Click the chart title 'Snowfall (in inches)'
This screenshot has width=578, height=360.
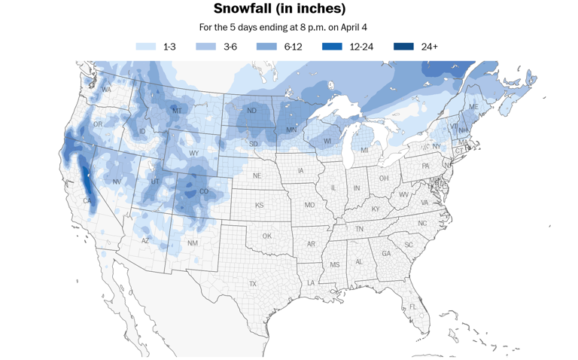click(279, 9)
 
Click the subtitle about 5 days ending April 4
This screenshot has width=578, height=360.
click(282, 27)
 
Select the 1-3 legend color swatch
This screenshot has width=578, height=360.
click(145, 47)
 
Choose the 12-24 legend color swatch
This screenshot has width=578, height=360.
click(332, 47)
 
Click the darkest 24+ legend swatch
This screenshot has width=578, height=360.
click(403, 47)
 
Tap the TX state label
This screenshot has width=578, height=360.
click(253, 284)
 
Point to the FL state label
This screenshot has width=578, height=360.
click(412, 307)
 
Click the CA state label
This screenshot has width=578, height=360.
click(87, 201)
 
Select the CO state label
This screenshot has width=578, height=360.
click(203, 191)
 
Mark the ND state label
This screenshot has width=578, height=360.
click(251, 111)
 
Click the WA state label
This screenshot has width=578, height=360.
click(106, 90)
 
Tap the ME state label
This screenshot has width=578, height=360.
click(473, 108)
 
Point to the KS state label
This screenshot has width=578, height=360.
click(259, 205)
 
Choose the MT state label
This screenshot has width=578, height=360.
click(177, 111)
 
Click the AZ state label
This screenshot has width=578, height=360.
click(146, 241)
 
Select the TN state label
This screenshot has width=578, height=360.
click(360, 229)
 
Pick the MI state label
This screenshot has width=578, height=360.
click(364, 151)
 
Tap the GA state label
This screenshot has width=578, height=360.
click(386, 254)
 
